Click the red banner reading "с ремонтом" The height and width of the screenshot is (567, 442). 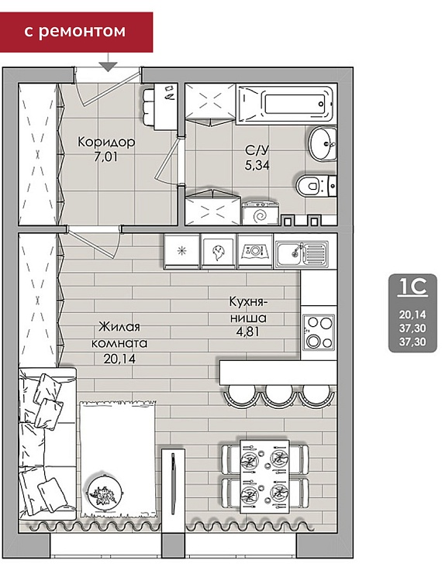[x=76, y=32]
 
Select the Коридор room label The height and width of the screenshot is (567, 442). [x=106, y=142]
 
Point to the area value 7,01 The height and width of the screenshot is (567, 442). [x=105, y=157]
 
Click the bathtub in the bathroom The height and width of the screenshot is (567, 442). [x=285, y=104]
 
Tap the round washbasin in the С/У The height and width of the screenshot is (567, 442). [x=323, y=143]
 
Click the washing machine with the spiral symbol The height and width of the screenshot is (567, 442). [x=261, y=213]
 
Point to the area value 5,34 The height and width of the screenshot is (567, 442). [x=257, y=165]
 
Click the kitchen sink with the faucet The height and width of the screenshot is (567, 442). [x=302, y=251]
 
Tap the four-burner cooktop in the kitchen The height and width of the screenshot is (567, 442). [x=319, y=332]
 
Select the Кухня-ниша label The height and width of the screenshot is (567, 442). [x=249, y=310]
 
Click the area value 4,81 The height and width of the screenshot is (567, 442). [x=248, y=332]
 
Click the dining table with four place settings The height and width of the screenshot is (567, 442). [x=265, y=476]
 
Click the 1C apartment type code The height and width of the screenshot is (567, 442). [x=413, y=287]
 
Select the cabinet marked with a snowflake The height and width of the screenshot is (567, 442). [x=181, y=251]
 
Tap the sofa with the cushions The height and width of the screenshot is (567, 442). [x=47, y=444]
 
